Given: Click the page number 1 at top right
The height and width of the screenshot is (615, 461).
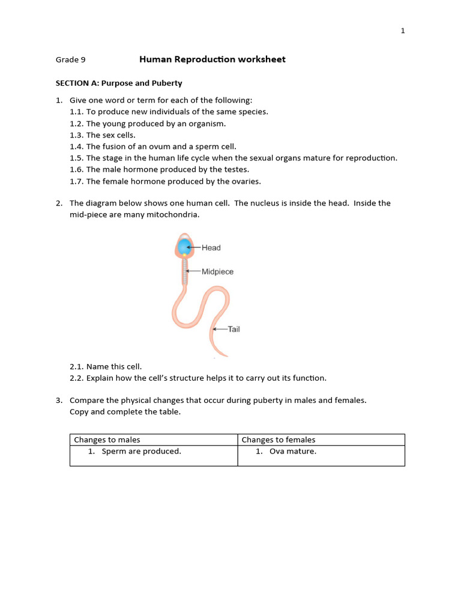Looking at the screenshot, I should point(403,31).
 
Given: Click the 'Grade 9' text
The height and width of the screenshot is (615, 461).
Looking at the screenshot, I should point(71,59).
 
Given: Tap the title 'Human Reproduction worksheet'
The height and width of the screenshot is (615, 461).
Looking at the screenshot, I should point(212,59).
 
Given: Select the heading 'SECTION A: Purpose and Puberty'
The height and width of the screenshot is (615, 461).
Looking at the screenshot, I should point(119,83).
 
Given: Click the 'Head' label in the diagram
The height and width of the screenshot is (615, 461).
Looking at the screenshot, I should point(211,247).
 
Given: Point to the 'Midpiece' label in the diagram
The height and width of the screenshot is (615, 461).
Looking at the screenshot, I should point(217,271).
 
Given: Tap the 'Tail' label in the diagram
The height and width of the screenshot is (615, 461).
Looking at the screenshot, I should point(234,329).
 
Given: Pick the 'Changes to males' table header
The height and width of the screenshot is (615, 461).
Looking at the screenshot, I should point(107,440).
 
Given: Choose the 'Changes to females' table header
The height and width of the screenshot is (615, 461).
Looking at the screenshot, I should point(278,440).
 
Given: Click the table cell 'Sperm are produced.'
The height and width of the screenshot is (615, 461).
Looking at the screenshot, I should point(141,451).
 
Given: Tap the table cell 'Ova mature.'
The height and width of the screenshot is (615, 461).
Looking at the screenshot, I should point(292,451).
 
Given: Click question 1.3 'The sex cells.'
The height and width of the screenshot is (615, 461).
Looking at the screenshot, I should point(110,135).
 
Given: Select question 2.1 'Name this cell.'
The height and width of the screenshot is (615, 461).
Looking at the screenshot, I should point(114,366).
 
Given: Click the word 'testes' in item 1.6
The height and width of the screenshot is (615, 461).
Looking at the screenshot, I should point(236,169).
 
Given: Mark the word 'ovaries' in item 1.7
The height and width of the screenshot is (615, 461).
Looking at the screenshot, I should point(247,181).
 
